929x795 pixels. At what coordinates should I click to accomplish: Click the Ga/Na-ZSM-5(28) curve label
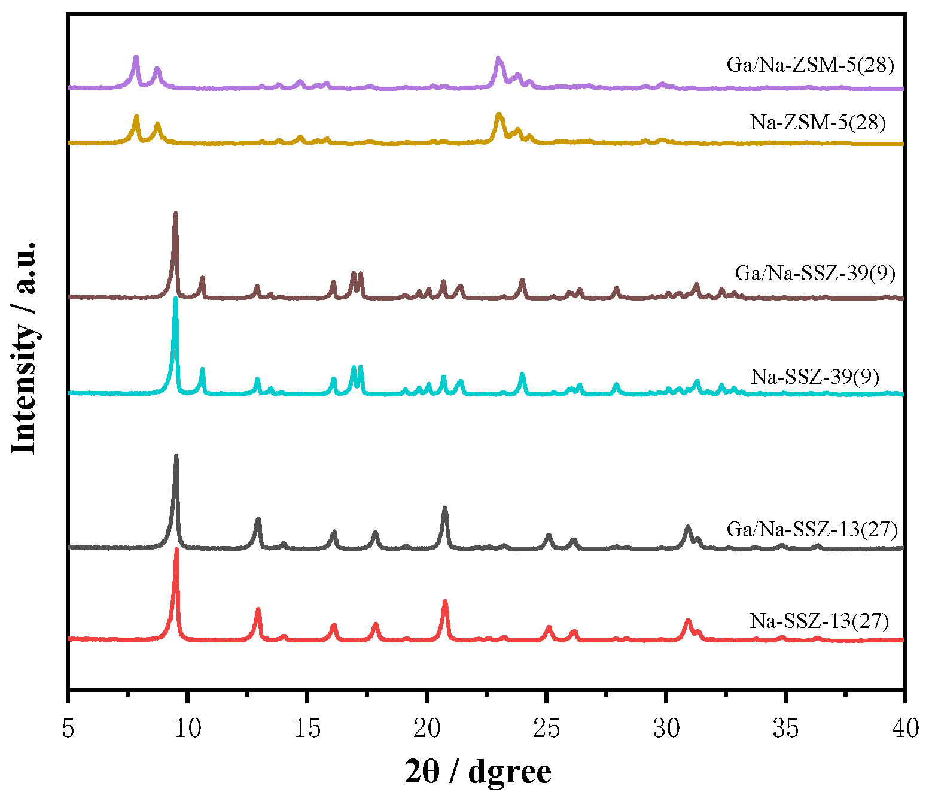click(811, 65)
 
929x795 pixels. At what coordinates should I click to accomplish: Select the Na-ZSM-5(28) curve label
click(818, 123)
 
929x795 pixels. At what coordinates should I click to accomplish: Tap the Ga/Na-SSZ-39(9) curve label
click(815, 273)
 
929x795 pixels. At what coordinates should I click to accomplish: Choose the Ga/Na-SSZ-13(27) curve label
click(812, 529)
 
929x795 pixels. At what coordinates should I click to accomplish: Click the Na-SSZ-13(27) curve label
click(820, 621)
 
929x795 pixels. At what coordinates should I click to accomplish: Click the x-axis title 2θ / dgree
click(478, 771)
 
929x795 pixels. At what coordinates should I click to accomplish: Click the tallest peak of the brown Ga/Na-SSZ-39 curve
click(175, 214)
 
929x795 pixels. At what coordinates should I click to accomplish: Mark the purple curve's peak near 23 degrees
click(498, 59)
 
